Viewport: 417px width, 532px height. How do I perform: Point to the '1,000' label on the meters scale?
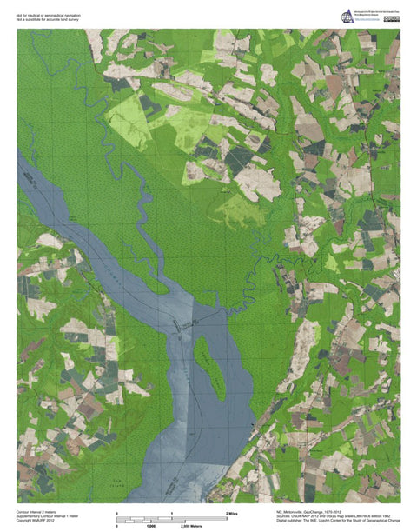point(150,525)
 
